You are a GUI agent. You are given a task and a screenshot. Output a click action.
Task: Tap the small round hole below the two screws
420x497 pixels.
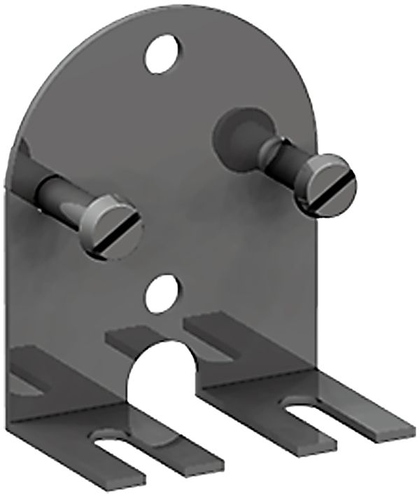162,293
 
